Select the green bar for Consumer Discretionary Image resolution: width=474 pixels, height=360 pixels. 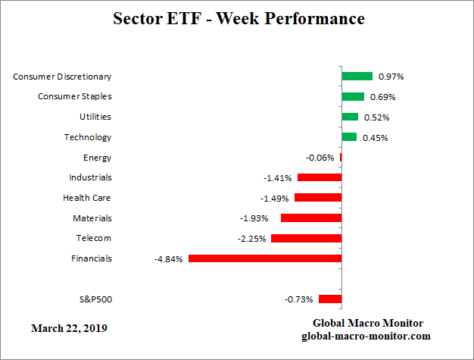[357, 77]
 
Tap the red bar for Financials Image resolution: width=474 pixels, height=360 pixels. [265, 258]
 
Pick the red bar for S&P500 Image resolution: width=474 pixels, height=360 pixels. [330, 299]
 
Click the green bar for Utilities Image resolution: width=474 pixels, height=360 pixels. [350, 117]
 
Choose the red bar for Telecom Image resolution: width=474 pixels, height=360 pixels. [306, 238]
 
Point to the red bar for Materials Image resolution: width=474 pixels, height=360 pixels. [311, 218]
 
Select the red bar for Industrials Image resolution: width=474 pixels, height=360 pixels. [320, 177]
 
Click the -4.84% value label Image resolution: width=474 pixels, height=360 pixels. [168, 259]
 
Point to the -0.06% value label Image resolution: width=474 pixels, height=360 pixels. [320, 158]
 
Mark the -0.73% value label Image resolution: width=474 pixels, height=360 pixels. [298, 299]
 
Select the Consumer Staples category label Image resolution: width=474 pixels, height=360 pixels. [75, 96]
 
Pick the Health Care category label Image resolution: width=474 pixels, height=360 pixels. [87, 198]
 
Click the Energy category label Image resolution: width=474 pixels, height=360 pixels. [97, 158]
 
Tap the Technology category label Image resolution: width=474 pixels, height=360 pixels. [87, 137]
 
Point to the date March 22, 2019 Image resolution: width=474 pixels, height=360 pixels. [69, 329]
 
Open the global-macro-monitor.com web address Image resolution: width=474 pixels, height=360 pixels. [367, 335]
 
